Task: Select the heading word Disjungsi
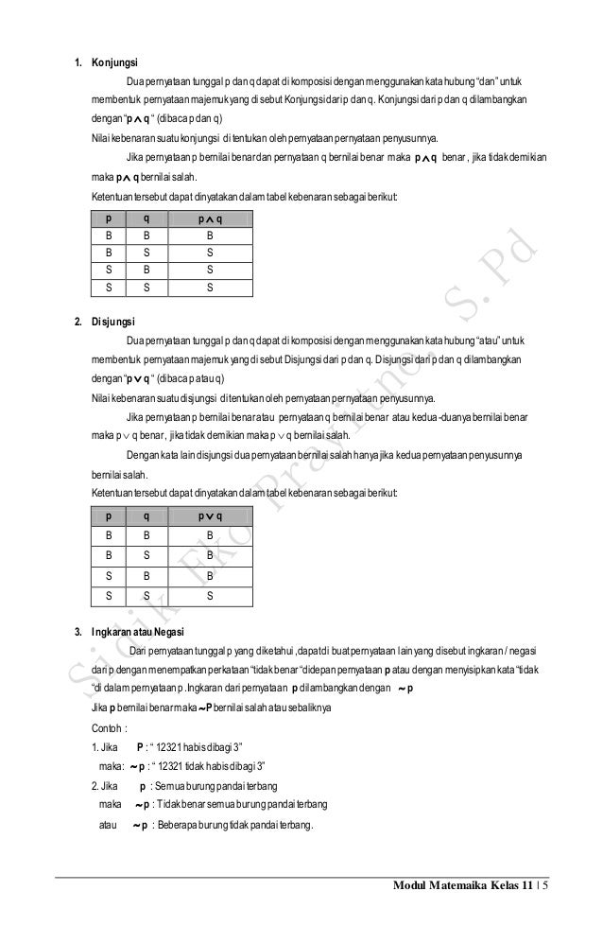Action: (x=112, y=323)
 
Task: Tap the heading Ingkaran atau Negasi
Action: (x=138, y=632)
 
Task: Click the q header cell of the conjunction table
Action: (x=146, y=218)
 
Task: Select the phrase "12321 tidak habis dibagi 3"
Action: (x=206, y=767)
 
